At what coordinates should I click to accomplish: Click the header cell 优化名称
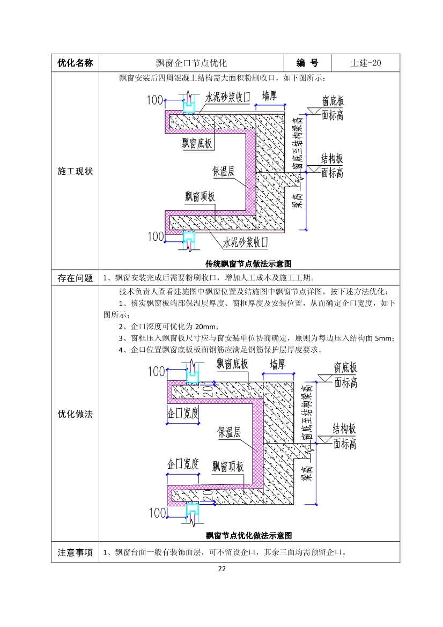75,63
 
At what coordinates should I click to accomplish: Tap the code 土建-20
366,63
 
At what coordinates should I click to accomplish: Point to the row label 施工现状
75,171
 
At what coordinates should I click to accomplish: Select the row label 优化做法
75,414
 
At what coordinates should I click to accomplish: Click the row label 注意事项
75,552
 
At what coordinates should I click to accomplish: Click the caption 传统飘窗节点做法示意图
248,263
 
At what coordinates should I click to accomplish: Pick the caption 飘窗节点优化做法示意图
249,535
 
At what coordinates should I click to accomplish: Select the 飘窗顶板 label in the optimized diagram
228,466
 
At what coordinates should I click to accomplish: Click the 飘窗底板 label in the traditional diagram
197,143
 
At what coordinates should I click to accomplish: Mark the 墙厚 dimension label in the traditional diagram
270,96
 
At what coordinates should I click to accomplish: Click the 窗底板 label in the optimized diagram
345,368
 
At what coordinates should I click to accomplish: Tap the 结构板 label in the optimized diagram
344,429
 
